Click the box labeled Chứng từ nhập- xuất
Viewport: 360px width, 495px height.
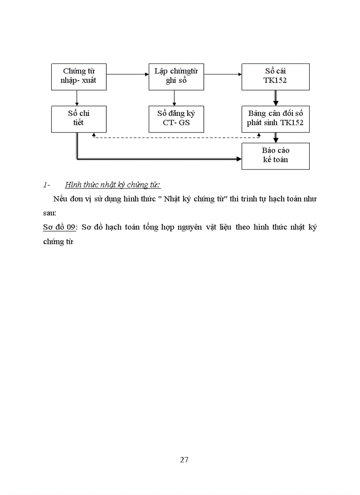click(x=79, y=77)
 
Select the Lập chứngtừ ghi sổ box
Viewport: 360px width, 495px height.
click(x=176, y=77)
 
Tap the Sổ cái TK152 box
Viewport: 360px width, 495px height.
click(x=275, y=77)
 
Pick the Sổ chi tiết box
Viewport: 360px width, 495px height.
click(x=79, y=119)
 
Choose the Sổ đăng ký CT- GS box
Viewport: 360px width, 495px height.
click(x=176, y=119)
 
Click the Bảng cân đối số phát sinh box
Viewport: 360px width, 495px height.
click(x=275, y=119)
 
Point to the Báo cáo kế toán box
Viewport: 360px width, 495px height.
click(x=275, y=156)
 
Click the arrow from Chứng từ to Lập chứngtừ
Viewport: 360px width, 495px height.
click(x=128, y=74)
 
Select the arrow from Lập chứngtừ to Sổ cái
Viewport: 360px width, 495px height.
click(x=223, y=74)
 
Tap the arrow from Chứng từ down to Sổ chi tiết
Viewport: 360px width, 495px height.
click(x=77, y=98)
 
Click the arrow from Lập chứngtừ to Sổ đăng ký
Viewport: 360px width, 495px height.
click(x=175, y=98)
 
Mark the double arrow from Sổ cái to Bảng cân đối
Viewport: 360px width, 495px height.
click(x=276, y=98)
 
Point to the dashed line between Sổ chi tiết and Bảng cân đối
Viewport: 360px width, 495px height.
click(x=176, y=137)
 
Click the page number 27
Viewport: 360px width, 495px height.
click(x=184, y=460)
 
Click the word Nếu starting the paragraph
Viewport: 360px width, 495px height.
click(x=60, y=198)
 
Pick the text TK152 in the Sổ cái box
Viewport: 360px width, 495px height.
click(x=275, y=81)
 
